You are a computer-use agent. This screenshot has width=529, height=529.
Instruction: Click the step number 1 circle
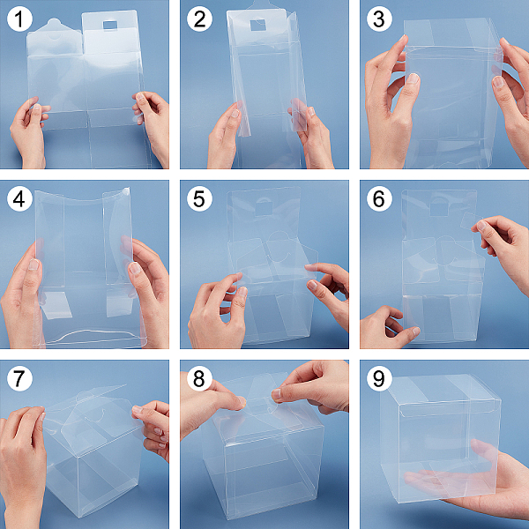click(x=19, y=19)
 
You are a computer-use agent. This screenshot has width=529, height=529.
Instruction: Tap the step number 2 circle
click(x=200, y=19)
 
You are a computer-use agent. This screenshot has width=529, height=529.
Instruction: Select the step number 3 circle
click(x=379, y=19)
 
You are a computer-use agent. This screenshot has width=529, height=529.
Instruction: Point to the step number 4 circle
click(x=19, y=198)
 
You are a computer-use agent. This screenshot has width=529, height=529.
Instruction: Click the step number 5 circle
click(x=200, y=198)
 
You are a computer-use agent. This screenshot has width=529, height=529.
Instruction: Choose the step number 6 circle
click(x=379, y=198)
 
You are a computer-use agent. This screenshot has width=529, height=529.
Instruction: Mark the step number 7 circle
click(x=19, y=378)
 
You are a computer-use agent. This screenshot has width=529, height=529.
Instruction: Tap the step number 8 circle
click(x=200, y=378)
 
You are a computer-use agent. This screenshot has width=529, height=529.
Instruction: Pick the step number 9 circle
click(x=379, y=378)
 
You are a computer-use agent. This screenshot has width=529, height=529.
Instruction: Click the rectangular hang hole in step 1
click(x=110, y=25)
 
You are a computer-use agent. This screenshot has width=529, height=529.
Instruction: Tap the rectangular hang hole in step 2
click(x=258, y=25)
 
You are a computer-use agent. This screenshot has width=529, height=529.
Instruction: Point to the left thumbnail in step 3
click(x=413, y=78)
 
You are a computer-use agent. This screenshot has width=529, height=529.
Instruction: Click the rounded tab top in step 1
click(x=54, y=25)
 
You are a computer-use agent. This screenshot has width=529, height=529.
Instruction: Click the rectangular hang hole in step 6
click(x=438, y=209)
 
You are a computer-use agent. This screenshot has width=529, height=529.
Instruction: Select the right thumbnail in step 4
click(x=135, y=269)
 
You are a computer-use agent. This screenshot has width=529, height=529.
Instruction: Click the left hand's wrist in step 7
click(x=20, y=506)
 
